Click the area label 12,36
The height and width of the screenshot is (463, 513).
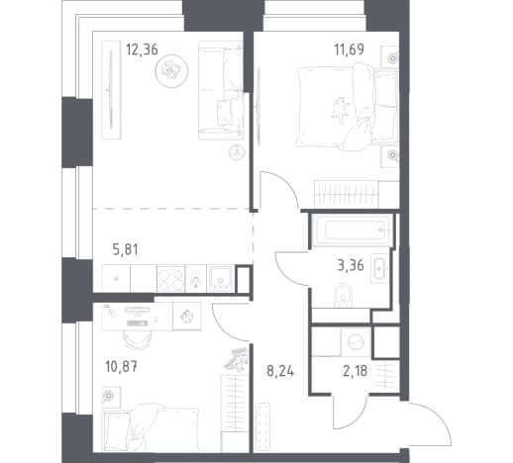pyautogui.click(x=142, y=49)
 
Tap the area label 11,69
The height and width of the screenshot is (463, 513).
pyautogui.click(x=350, y=49)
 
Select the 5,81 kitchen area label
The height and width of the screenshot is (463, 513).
pyautogui.click(x=126, y=249)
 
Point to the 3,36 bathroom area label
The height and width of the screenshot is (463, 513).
pyautogui.click(x=351, y=265)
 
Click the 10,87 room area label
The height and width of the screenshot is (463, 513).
pyautogui.click(x=121, y=367)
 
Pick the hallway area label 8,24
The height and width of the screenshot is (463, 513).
pyautogui.click(x=280, y=371)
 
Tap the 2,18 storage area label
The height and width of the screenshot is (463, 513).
pyautogui.click(x=355, y=371)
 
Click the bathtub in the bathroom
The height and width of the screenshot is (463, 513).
pyautogui.click(x=354, y=230)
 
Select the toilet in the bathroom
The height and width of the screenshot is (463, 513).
pyautogui.click(x=344, y=296)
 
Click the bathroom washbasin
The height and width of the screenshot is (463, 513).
pyautogui.click(x=379, y=268)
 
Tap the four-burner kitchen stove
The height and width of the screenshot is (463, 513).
pyautogui.click(x=170, y=279)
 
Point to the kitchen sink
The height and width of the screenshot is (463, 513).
pyautogui.click(x=220, y=279)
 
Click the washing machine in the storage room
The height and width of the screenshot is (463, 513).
pyautogui.click(x=356, y=342)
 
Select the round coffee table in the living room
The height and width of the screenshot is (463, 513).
pyautogui.click(x=171, y=70)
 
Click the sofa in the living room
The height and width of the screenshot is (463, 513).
pyautogui.click(x=222, y=90)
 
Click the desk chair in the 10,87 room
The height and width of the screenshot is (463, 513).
pyautogui.click(x=137, y=339)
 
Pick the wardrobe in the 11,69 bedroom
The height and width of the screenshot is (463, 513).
pyautogui.click(x=357, y=194)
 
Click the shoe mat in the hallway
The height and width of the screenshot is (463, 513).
pyautogui.click(x=263, y=426)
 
